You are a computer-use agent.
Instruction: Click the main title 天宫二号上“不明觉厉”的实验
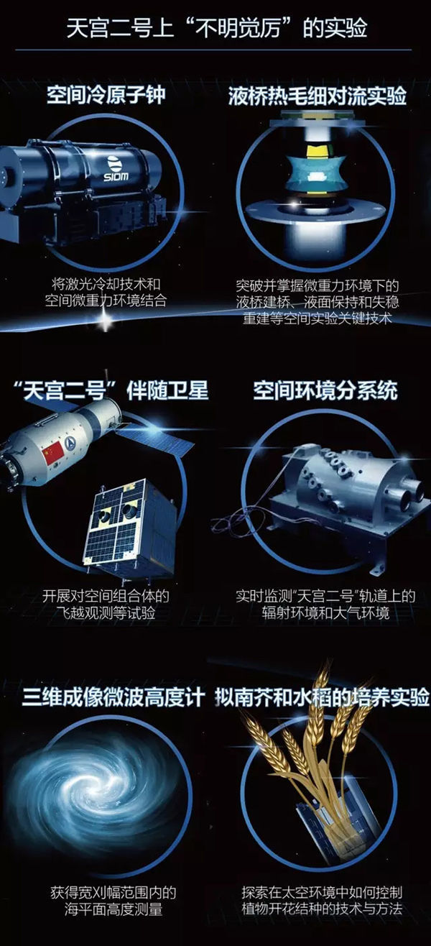(216, 29)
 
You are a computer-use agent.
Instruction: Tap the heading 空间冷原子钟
(106, 95)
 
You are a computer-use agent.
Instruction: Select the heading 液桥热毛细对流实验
(317, 96)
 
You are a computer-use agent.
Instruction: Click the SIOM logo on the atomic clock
(116, 168)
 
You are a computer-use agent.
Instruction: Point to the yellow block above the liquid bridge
(320, 151)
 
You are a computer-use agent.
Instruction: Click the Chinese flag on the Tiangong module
(53, 453)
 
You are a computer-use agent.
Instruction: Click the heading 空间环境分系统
(325, 390)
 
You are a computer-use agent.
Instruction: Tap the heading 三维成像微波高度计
(113, 697)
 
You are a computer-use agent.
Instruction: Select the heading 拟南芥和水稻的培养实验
(322, 697)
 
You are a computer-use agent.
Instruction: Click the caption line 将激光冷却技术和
(106, 284)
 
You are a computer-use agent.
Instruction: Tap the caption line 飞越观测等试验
(106, 612)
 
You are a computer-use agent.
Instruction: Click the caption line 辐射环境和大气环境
(325, 612)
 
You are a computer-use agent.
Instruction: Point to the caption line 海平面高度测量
(113, 909)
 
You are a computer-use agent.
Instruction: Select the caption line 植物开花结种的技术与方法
(322, 909)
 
